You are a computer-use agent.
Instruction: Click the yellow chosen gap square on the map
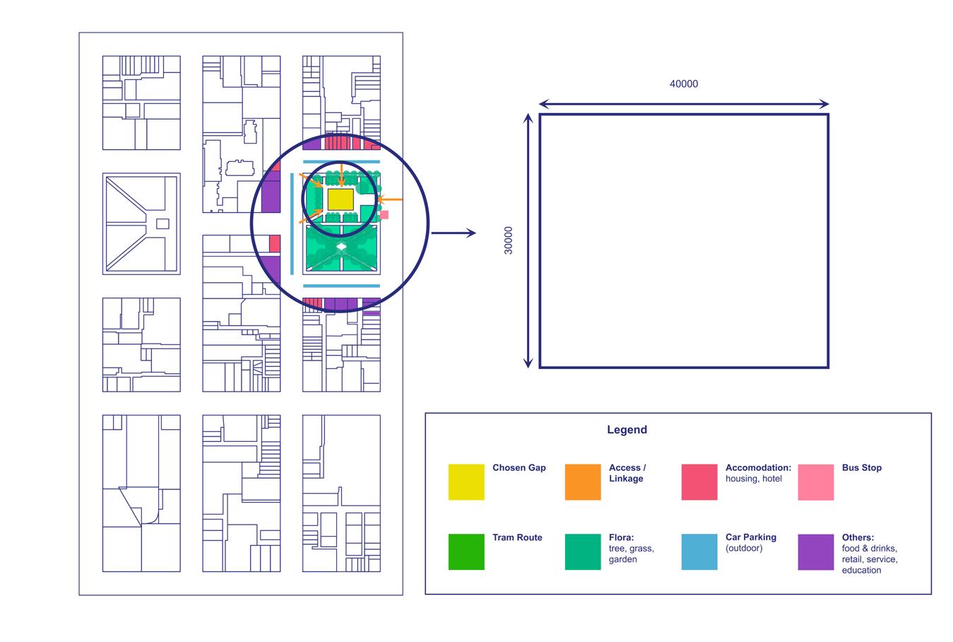pyautogui.click(x=341, y=199)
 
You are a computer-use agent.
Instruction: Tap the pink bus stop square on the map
pyautogui.click(x=384, y=215)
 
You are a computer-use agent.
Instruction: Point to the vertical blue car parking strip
pyautogui.click(x=292, y=223)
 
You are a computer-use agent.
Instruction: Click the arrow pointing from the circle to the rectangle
pyautogui.click(x=453, y=233)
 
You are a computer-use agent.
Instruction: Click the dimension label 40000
pyautogui.click(x=683, y=84)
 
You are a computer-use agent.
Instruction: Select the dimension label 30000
pyautogui.click(x=509, y=240)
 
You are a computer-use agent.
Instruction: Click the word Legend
pyautogui.click(x=627, y=430)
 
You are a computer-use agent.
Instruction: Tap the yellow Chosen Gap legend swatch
pyautogui.click(x=466, y=482)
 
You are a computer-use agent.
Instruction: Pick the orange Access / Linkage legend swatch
pyautogui.click(x=583, y=482)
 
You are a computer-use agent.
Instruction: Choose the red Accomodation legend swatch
pyautogui.click(x=699, y=482)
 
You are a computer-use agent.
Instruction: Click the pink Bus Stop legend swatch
pyautogui.click(x=816, y=482)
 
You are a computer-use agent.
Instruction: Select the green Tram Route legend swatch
pyautogui.click(x=466, y=551)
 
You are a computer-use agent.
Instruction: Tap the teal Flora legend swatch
pyautogui.click(x=583, y=551)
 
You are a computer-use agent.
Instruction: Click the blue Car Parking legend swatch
pyautogui.click(x=699, y=551)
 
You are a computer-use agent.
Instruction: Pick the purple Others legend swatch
pyautogui.click(x=816, y=551)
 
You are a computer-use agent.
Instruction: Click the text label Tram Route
pyautogui.click(x=517, y=538)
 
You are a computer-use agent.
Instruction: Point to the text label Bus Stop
pyautogui.click(x=861, y=468)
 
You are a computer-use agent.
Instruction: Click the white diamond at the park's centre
pyautogui.click(x=342, y=247)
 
